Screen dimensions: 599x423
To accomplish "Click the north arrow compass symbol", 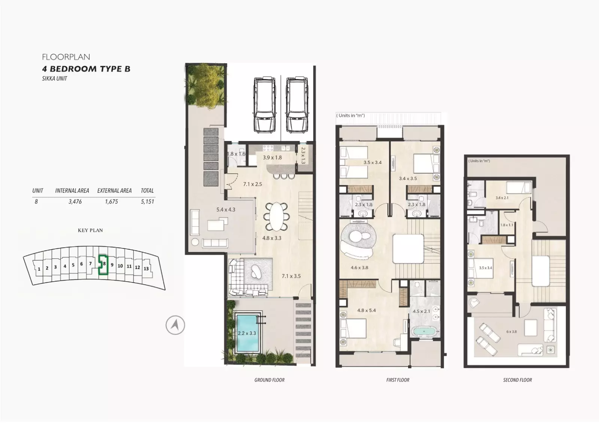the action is (x=175, y=325).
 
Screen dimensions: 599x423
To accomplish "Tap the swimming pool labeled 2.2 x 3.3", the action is (x=247, y=333).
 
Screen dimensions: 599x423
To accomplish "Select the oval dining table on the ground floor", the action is (x=276, y=217).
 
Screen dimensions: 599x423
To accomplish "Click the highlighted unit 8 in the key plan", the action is (x=103, y=264).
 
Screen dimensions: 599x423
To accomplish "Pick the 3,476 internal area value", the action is (x=75, y=202).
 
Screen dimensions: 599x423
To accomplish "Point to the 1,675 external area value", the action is (x=112, y=202).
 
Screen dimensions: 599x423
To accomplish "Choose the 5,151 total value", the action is (x=148, y=202).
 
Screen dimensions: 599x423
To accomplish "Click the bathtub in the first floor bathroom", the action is (x=424, y=332).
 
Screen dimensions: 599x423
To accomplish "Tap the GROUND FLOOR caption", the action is (x=269, y=380).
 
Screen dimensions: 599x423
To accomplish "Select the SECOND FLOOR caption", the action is (x=517, y=380).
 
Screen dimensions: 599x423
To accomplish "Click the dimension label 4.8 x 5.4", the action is (x=367, y=310).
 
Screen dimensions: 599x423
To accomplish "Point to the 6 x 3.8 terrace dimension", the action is (x=511, y=332).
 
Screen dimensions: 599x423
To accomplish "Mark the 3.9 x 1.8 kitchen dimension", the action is (x=272, y=158).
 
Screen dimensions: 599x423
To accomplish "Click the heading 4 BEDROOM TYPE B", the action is (x=86, y=69).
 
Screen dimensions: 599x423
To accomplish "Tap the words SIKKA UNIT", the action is (x=55, y=79).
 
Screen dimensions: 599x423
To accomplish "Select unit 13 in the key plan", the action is (x=146, y=269).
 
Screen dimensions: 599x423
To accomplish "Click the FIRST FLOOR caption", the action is (x=398, y=380).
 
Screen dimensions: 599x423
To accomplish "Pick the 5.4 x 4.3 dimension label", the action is (x=226, y=210).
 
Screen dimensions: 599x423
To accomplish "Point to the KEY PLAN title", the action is (x=90, y=230).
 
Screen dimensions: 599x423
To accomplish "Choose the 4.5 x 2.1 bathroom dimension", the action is (x=421, y=311).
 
